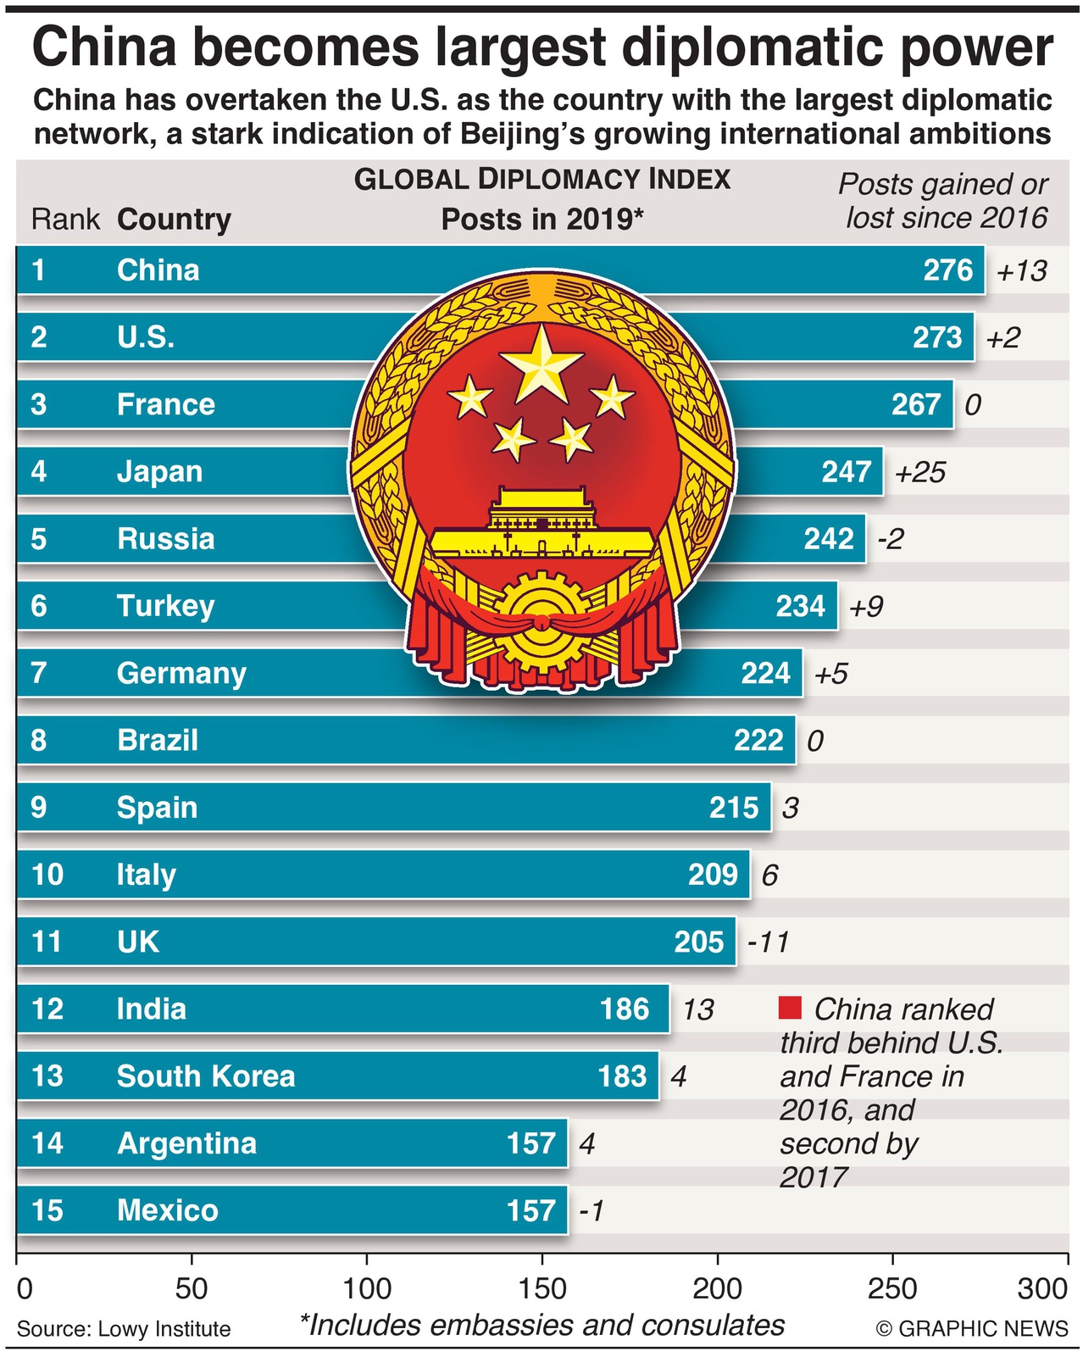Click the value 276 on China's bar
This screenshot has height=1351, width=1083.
[x=947, y=270]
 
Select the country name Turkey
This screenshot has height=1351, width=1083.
[x=165, y=606]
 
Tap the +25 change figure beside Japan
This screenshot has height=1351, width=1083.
[x=919, y=472]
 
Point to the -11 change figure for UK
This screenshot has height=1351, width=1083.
[x=768, y=942]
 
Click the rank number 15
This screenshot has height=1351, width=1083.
[x=47, y=1210]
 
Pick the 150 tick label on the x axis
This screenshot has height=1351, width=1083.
[x=542, y=1288]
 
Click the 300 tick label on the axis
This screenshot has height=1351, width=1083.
[x=1042, y=1288]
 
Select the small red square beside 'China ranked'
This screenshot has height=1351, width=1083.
[x=790, y=1008]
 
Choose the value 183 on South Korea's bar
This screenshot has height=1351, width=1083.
[x=622, y=1076]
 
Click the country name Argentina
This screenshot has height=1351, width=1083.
[x=186, y=1143]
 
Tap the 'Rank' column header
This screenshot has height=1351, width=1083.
[x=65, y=220]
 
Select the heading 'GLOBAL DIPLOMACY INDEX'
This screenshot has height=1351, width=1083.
[x=542, y=180]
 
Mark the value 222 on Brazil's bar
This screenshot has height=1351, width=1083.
[x=758, y=741]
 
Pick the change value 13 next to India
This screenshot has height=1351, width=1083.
[x=698, y=1009]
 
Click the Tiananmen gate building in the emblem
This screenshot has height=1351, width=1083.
[x=540, y=521]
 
